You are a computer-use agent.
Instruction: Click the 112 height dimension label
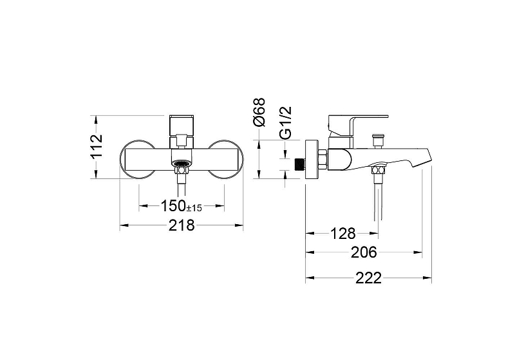pos(97,146)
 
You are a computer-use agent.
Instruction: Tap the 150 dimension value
pos(173,206)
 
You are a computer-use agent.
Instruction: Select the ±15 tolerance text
pos(194,208)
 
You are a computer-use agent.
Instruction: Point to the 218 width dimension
pos(182,225)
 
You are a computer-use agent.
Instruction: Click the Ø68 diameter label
pos(259,112)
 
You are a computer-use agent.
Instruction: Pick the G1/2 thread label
pos(286,122)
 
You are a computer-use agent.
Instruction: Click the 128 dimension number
pos(342,234)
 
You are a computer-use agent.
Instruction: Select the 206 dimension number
pos(364,252)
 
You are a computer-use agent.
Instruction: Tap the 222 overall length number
pos(368,278)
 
